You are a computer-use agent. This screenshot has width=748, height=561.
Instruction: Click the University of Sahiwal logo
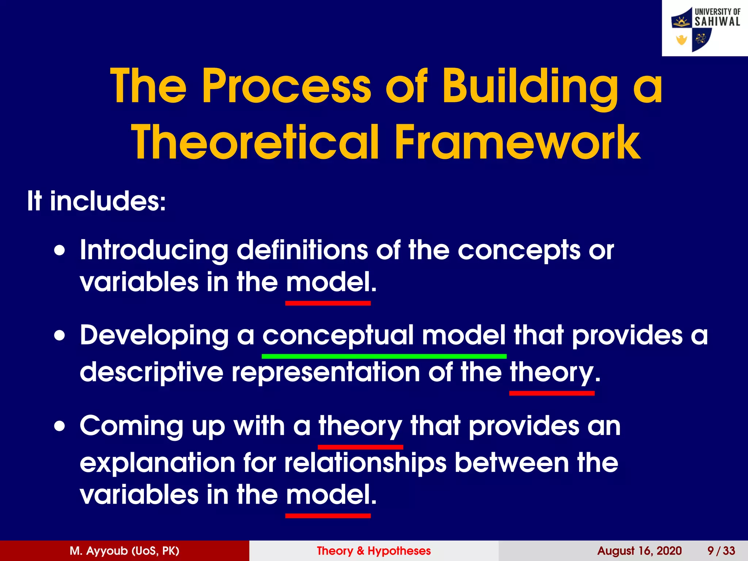pos(705,28)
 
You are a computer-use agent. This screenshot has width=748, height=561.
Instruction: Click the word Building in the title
pos(530,87)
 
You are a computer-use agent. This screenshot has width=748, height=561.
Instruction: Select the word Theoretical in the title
pos(255,142)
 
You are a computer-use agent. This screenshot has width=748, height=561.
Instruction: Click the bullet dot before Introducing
pos(60,251)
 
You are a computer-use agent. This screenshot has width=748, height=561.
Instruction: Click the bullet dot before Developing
pos(60,336)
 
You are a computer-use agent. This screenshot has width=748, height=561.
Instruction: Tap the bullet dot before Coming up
pos(60,426)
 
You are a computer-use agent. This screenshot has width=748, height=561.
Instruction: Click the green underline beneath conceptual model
pos(384,356)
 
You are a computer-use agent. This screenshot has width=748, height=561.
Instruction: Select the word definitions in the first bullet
pos(302,251)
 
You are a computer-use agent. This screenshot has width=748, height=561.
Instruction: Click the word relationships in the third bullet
pos(365,463)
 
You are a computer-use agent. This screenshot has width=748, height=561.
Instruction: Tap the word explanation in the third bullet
pos(157,463)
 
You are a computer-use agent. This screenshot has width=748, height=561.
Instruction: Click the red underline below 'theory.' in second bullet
pos(552,393)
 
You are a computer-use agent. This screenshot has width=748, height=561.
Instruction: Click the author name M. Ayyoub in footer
pos(125,551)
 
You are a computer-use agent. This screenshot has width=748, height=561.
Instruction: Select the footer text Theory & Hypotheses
pos(374,551)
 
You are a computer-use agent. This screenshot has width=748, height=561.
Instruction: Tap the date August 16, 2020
pos(639,551)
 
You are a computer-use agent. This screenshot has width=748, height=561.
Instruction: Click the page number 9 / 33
pos(721,551)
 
